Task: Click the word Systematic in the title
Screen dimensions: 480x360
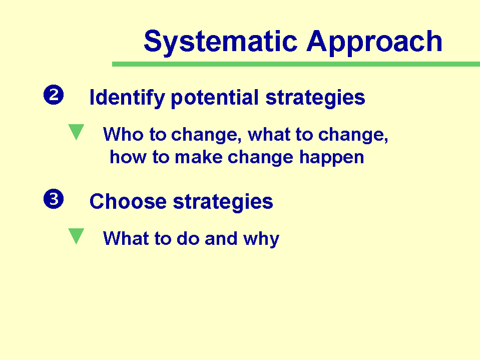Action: (220, 42)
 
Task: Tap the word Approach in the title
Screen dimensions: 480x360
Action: (374, 42)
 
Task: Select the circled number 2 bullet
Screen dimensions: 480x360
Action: (54, 95)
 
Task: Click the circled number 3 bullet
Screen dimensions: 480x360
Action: (54, 199)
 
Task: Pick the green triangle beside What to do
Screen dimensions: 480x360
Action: (76, 236)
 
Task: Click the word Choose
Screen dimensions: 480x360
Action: (128, 202)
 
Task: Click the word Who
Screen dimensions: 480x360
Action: (123, 134)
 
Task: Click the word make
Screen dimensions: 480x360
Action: (199, 157)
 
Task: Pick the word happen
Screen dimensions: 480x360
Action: (331, 158)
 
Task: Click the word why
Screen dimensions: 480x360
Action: (261, 239)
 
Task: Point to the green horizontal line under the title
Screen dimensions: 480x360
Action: (296, 64)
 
